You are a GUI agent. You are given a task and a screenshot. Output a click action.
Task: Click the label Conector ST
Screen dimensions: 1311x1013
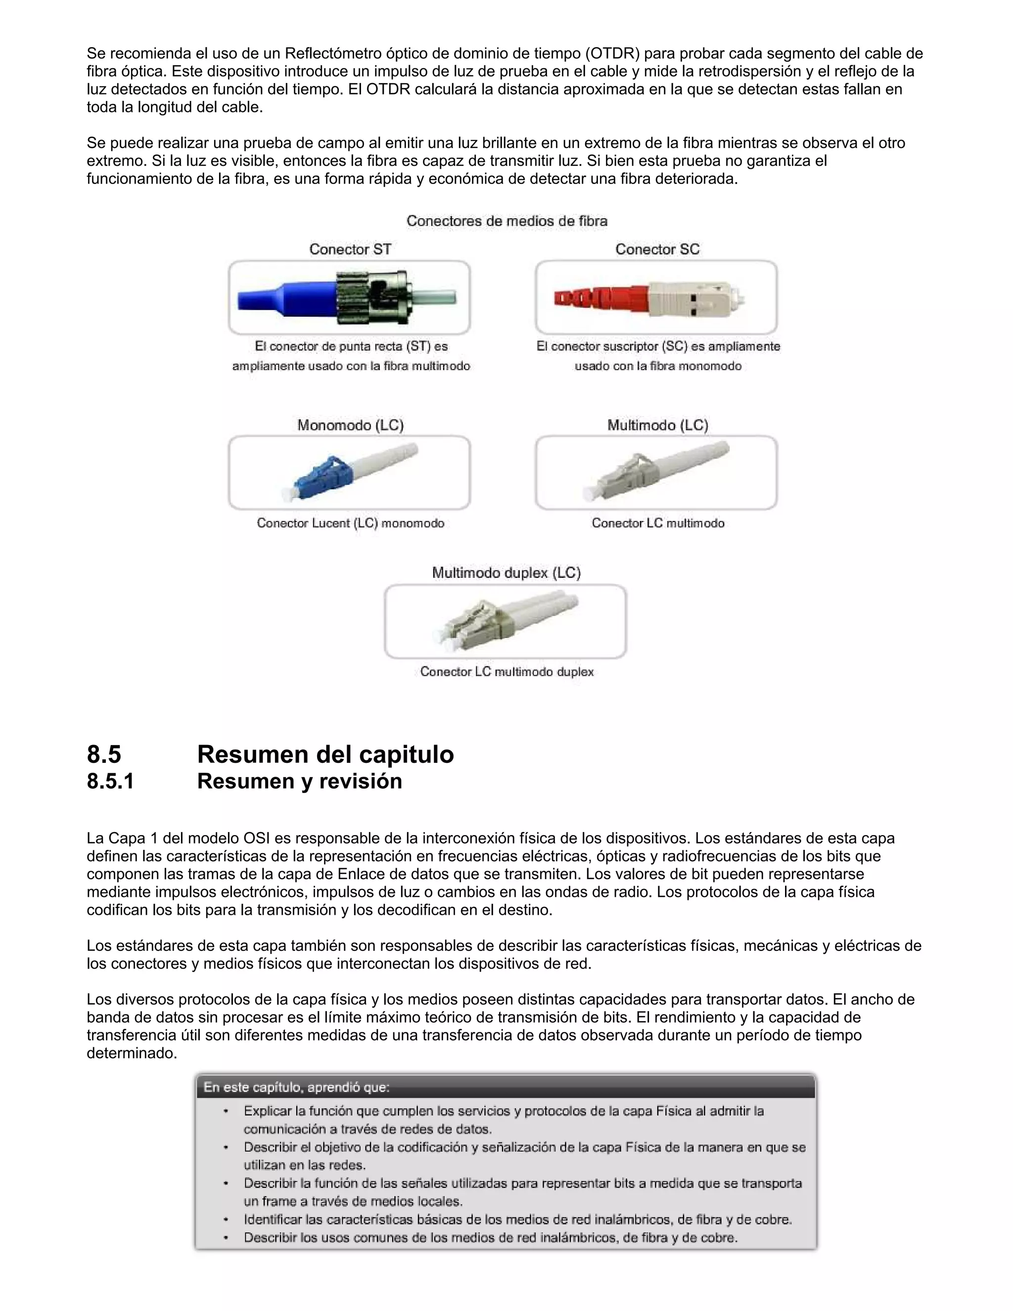pos(350,249)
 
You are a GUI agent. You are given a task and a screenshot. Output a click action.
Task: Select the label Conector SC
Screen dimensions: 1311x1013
pos(657,249)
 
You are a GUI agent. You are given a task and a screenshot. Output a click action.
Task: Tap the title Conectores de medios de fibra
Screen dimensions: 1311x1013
pos(506,221)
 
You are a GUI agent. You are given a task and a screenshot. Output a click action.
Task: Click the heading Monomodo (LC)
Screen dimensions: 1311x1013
pos(351,425)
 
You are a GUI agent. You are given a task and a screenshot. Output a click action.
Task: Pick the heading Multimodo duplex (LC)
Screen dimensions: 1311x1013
pos(506,573)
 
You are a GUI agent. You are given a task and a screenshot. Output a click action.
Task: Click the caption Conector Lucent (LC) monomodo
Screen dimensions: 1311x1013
pos(351,523)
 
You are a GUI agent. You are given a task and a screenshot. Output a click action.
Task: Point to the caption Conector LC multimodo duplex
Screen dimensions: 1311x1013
pos(506,671)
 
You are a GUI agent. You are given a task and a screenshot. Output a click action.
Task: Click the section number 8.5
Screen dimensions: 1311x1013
pos(104,754)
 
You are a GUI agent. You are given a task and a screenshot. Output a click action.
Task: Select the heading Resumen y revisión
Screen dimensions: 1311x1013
pos(299,781)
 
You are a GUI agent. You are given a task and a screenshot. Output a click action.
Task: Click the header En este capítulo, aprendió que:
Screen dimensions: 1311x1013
pos(296,1087)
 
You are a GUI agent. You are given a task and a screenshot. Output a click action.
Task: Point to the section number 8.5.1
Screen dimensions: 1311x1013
pos(110,781)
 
